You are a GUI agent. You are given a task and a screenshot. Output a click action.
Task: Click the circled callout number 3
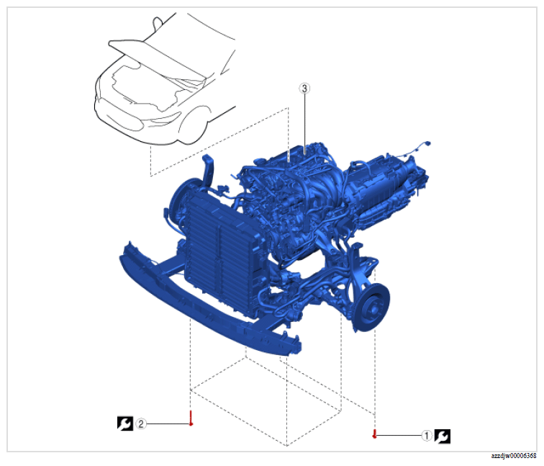tap(304, 89)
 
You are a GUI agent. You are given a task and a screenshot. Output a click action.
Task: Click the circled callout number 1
tap(427, 436)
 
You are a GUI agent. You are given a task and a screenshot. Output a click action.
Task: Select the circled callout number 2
tap(141, 424)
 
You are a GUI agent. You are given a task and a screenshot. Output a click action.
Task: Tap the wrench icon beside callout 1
tap(443, 436)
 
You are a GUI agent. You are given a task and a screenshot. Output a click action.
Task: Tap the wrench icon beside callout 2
tap(125, 424)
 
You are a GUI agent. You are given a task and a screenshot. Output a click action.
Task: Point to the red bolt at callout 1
tap(374, 434)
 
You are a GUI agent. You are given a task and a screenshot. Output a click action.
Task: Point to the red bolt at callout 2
tap(191, 418)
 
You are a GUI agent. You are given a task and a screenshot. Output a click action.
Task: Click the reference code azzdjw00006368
tap(514, 456)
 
